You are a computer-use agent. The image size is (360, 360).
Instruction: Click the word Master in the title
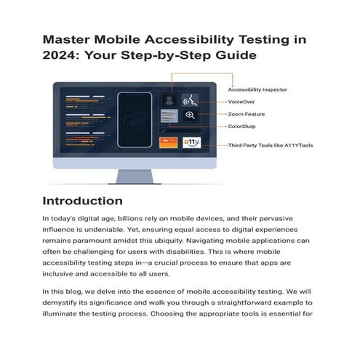click(68, 39)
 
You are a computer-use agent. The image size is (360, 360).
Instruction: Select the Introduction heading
click(82, 200)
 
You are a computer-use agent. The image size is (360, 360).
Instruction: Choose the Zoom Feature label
click(249, 114)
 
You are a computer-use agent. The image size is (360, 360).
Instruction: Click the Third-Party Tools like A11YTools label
click(271, 145)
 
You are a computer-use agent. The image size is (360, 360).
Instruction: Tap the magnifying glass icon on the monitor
click(190, 116)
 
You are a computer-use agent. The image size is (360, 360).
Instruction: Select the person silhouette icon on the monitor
click(169, 99)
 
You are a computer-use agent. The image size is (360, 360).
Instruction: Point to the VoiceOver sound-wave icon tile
click(191, 99)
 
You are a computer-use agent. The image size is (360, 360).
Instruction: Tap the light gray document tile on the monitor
click(169, 116)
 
